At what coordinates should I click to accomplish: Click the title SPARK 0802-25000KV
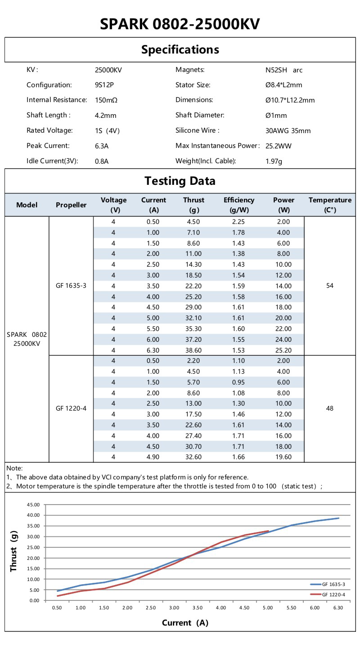pos(180,24)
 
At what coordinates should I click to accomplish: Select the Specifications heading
pos(180,49)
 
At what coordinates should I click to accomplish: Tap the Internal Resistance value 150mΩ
pos(106,100)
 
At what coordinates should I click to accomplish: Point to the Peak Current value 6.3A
pos(102,146)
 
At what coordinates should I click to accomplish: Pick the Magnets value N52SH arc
pos(284,70)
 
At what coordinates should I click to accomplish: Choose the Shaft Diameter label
pos(200,115)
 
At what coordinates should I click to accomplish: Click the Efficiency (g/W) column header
pos(238,205)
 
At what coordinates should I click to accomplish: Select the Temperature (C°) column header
pos(330,205)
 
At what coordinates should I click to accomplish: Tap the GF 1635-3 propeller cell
pos(71,286)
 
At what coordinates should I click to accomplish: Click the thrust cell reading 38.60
pos(193,350)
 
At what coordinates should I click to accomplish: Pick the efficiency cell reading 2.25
pos(238,222)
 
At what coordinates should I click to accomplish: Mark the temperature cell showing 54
pos(330,286)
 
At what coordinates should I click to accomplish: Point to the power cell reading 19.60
pos(283,457)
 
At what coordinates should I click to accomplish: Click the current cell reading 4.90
pos(153,457)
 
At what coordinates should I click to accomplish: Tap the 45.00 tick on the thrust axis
pos(33,505)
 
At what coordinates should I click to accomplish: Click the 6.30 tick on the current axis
pos(338,608)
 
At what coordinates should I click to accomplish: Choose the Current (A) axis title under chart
pos(185,623)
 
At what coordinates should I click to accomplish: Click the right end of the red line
pos(268,531)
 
